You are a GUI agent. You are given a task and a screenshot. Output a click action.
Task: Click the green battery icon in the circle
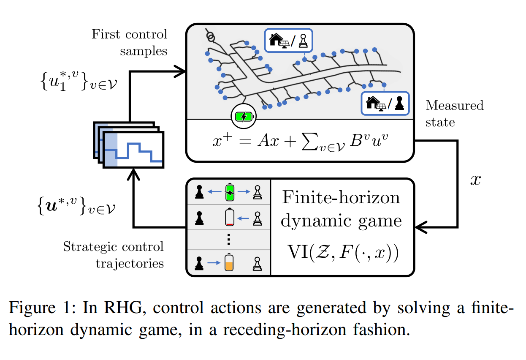244,116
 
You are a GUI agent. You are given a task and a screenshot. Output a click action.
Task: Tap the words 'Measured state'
454,114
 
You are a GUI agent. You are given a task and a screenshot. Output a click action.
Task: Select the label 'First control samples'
130,43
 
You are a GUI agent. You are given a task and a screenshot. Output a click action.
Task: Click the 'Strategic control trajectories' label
113,255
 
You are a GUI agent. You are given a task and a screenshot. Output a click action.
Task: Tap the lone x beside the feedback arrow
475,180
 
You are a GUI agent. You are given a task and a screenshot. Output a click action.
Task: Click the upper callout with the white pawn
288,41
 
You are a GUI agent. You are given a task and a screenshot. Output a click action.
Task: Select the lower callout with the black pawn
385,104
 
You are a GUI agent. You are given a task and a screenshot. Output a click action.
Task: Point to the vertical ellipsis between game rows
228,240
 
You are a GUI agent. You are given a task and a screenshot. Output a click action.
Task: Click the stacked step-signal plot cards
129,145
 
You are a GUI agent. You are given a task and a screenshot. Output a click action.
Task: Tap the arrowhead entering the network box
180,71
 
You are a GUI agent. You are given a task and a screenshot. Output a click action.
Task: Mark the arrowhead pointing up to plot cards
133,174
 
